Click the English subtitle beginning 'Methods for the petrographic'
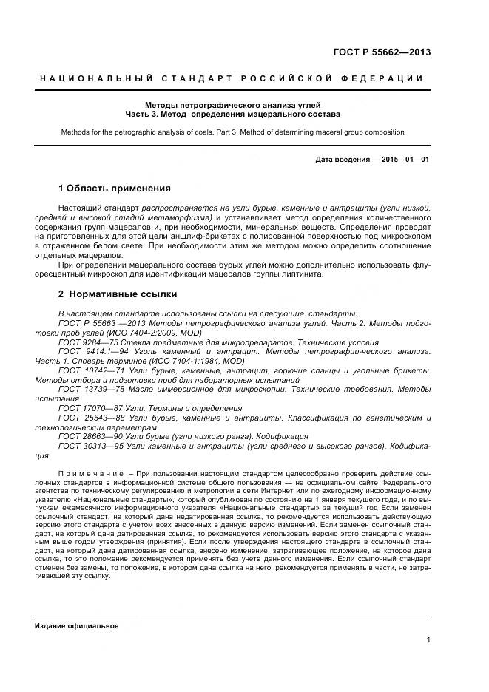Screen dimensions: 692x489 coord(233,132)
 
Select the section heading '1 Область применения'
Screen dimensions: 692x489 coord(115,188)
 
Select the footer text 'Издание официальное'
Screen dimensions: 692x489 coord(77,625)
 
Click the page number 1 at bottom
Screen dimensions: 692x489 coord(428,641)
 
